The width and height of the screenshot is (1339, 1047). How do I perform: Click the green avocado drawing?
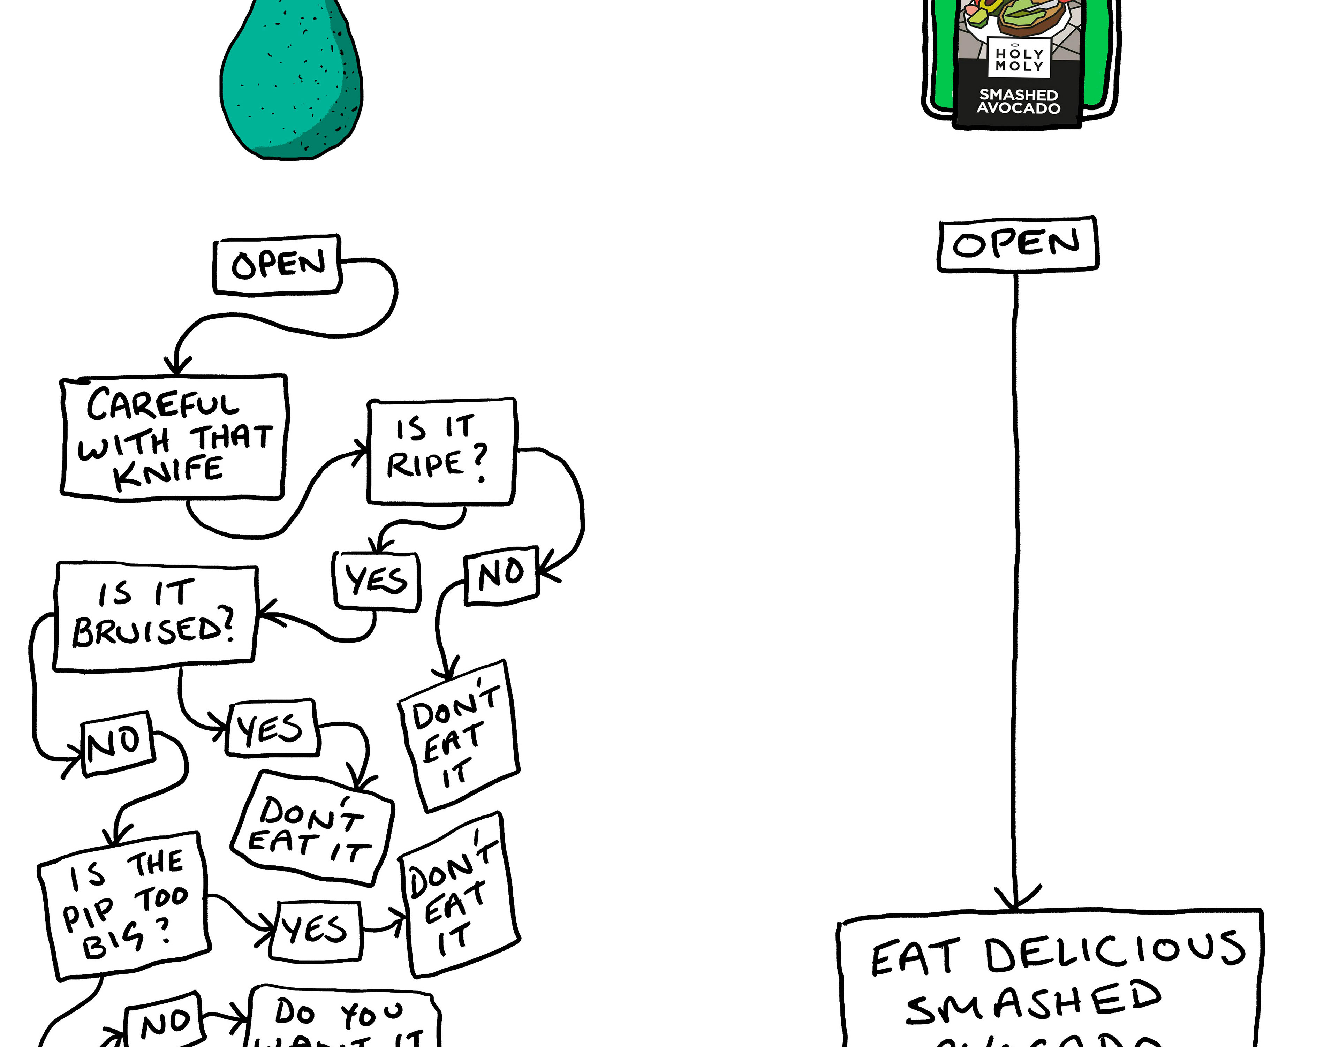(x=291, y=80)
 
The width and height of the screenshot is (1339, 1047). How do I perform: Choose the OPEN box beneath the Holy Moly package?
(x=1018, y=244)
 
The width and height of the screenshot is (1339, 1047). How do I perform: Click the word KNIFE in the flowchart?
(x=169, y=472)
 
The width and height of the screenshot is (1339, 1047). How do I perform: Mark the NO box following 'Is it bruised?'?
(x=116, y=744)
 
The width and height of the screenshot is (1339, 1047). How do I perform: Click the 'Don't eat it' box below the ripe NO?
(x=459, y=736)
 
